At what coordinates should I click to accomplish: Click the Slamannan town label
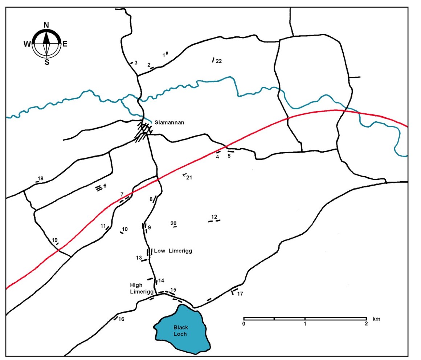point(169,122)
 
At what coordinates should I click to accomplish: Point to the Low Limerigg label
point(173,251)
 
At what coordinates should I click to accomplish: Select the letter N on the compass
point(46,25)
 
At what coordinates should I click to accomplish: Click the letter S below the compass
point(47,62)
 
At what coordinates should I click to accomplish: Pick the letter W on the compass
point(27,44)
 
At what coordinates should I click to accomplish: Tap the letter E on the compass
point(65,44)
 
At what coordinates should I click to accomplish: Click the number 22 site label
point(218,61)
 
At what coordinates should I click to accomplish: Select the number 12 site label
point(214,217)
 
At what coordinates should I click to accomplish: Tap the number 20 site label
point(173,223)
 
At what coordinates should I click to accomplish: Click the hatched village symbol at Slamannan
point(143,132)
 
